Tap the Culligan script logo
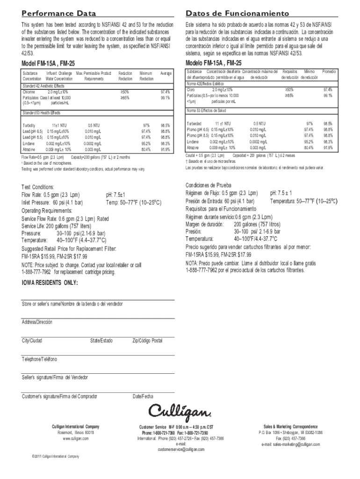click(180, 411)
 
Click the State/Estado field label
click(101, 341)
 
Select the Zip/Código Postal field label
click(148, 341)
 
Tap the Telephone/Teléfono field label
click(39, 359)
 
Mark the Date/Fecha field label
click(143, 397)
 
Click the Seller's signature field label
click(55, 377)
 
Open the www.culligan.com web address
click(76, 438)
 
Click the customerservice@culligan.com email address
click(181, 449)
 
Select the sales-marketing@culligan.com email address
click(290, 444)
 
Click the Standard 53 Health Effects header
click(45, 113)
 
